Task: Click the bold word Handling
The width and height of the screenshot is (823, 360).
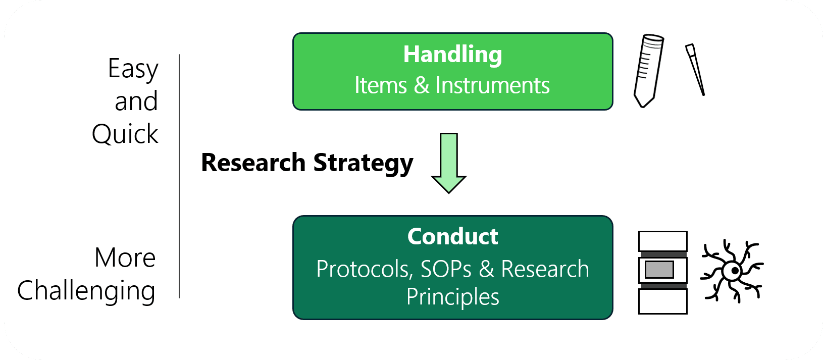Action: tap(452, 55)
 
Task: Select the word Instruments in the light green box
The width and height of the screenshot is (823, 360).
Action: tap(493, 85)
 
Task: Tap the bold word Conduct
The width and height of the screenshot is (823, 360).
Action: tap(452, 236)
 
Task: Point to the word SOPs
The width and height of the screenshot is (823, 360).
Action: tap(446, 269)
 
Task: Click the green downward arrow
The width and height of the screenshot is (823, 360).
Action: tap(448, 163)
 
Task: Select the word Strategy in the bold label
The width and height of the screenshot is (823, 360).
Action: tap(363, 163)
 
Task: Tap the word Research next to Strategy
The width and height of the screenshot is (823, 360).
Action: tap(253, 163)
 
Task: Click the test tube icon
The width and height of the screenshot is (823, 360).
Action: tap(648, 71)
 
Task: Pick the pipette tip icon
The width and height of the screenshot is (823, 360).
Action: tap(695, 70)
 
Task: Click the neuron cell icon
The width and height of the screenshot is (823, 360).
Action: tap(733, 271)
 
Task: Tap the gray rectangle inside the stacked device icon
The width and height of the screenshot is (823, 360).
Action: tap(659, 270)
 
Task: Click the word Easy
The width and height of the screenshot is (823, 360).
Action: tap(133, 69)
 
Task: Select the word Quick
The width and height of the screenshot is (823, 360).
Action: tap(125, 134)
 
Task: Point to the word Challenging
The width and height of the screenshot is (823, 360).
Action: tap(86, 291)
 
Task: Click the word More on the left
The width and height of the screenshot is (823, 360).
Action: tap(125, 258)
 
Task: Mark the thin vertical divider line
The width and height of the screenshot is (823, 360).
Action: tap(179, 176)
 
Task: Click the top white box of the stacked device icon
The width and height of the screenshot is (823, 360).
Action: tap(663, 241)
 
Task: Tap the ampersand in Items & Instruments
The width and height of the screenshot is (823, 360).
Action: tap(422, 85)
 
